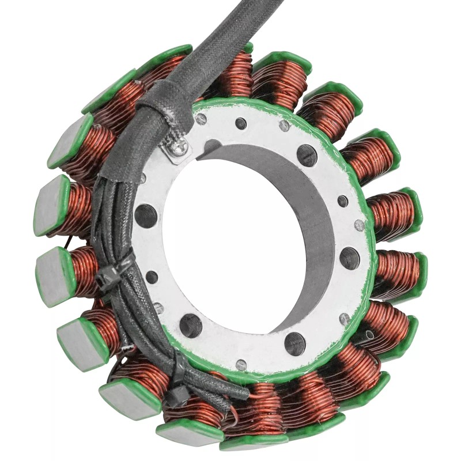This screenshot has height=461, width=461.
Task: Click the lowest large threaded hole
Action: pyautogui.click(x=294, y=343)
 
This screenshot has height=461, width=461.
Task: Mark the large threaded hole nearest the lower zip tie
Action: pyautogui.click(x=191, y=326)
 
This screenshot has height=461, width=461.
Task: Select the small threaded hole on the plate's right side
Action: pyautogui.click(x=342, y=201)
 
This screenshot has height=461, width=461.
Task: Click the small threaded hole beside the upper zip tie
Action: pyautogui.click(x=152, y=277)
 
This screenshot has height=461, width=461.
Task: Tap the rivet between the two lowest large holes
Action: pyautogui.click(x=241, y=365)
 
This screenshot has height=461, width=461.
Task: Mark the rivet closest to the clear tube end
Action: pyautogui.click(x=345, y=318)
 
